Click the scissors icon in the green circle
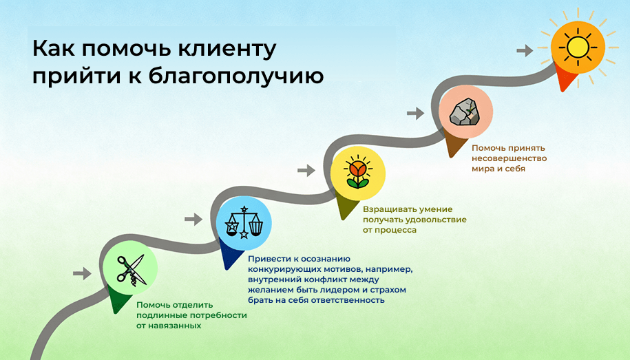131,270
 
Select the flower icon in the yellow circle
357,171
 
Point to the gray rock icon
465,112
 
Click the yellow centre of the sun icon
578,47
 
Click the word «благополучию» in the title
236,76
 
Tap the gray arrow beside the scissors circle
82,273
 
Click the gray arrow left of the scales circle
193,220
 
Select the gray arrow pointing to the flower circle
306,170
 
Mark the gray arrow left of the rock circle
415,114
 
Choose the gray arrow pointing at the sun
525,50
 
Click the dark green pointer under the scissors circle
118,299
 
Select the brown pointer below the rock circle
454,142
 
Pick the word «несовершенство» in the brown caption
509,158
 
